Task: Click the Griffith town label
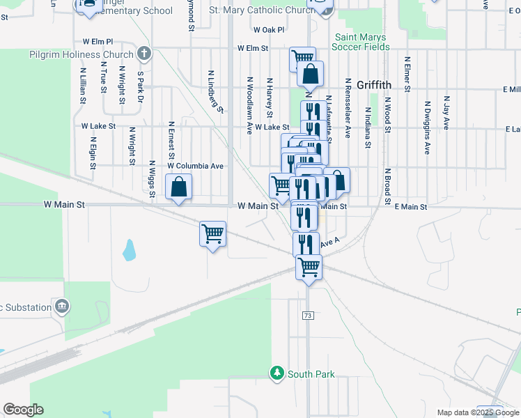pos(374,85)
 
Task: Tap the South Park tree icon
pos(277,373)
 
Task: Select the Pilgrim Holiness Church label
pos(81,54)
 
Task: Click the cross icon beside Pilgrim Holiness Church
pos(143,53)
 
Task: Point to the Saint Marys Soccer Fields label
pos(361,42)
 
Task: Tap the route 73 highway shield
pos(307,316)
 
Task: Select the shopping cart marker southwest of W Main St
pos(212,234)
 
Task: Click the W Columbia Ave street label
pos(195,167)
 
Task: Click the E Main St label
pos(410,207)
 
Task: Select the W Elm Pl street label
pos(97,42)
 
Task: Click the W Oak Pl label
pos(269,30)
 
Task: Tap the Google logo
pos(23,409)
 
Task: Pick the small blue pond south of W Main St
pos(129,249)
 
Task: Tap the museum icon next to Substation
pos(63,307)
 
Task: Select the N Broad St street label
pos(387,185)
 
